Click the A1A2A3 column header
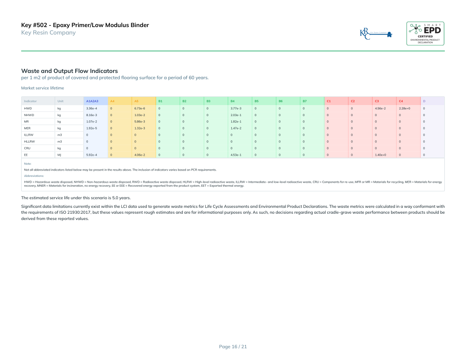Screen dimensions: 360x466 tap(92, 101)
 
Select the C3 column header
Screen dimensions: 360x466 tap(377, 101)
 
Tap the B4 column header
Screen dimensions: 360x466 tap(233, 101)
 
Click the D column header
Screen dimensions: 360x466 tap(424, 101)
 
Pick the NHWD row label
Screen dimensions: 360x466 tap(28, 115)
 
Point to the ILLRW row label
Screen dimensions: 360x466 tap(29, 135)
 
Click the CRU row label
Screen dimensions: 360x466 tap(27, 148)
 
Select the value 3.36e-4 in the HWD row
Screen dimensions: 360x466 tap(91, 108)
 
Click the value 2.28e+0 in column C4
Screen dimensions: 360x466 tap(404, 108)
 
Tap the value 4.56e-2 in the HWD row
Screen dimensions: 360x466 tap(380, 108)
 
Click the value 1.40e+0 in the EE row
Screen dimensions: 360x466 tap(380, 155)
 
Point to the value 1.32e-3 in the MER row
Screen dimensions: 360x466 tap(140, 128)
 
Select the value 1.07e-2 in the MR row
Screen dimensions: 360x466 tap(91, 121)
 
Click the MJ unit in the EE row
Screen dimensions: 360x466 tap(59, 155)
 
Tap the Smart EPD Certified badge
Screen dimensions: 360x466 tap(425, 33)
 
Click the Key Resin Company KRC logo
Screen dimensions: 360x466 tap(376, 34)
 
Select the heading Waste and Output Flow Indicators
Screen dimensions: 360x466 tap(69, 71)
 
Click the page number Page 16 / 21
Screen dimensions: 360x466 tap(233, 346)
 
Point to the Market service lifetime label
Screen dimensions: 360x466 tap(42, 88)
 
